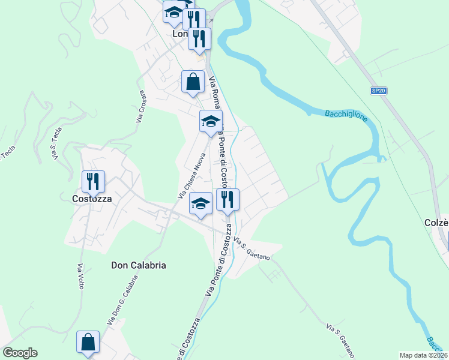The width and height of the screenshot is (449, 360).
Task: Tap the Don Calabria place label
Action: coord(139,265)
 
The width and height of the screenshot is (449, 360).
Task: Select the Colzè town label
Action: coord(436,223)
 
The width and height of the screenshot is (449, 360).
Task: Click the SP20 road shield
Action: coord(378,91)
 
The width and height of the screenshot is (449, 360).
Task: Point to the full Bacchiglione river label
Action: coord(346,115)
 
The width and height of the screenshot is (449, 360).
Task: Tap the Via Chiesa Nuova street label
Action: coord(192,176)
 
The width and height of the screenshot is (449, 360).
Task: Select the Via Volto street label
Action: coord(80,276)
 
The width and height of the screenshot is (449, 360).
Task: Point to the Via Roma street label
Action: coord(215,93)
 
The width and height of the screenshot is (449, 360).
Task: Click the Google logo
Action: coord(20,353)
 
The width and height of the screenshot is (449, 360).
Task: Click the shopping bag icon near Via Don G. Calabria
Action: coord(88,341)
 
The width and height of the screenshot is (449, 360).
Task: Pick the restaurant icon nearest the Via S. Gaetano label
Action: coord(228,199)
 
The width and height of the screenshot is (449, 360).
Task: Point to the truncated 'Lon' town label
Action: coord(180,34)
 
